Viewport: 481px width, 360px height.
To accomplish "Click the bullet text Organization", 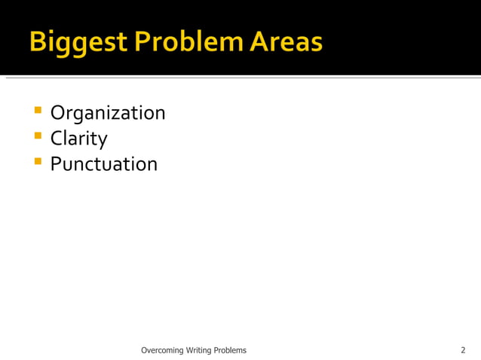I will (x=108, y=114).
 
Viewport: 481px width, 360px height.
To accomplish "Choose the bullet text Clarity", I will (x=78, y=139).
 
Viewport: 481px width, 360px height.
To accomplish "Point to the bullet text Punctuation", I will (x=104, y=163).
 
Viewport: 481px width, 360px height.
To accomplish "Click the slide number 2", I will (x=463, y=350).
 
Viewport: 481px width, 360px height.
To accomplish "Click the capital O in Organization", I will (x=58, y=114).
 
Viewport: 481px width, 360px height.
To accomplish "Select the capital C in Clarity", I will (x=57, y=139).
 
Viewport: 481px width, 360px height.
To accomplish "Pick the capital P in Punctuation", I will (x=56, y=163).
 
